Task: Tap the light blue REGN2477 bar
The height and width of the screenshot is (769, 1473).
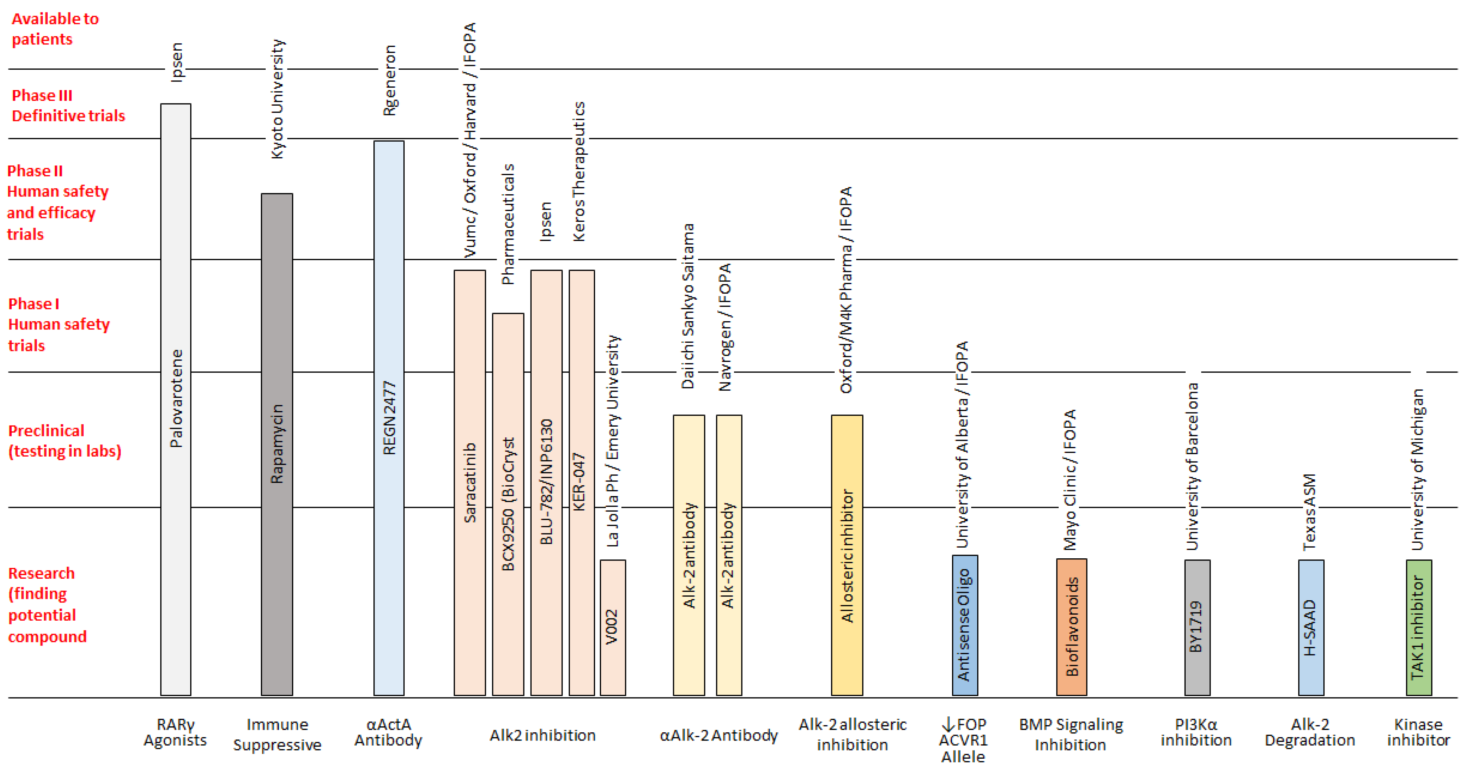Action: point(389,418)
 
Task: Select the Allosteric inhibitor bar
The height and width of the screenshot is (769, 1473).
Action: point(847,555)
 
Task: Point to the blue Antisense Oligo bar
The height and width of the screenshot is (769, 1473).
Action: point(965,625)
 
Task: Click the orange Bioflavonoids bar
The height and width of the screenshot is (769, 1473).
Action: point(1071,627)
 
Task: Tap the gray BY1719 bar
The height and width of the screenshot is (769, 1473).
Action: point(1197,627)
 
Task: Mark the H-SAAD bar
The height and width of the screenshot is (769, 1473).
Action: point(1310,627)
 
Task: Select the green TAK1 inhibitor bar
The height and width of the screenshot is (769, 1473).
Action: point(1419,627)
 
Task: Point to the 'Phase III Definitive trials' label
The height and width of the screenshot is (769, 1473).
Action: point(68,106)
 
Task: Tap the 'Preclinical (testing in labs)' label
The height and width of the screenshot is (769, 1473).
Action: point(64,441)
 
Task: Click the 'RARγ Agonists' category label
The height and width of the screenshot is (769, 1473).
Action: point(175,732)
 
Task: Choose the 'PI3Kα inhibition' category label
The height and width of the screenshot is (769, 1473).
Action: point(1196,732)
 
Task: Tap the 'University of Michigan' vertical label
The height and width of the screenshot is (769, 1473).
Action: point(1418,469)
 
